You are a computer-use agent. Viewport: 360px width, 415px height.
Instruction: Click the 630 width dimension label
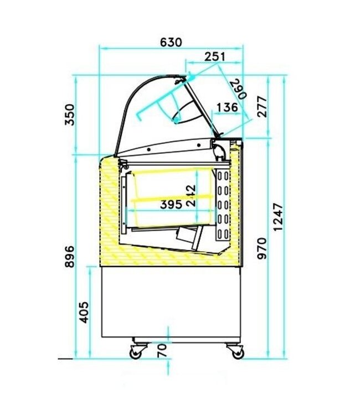[171, 42]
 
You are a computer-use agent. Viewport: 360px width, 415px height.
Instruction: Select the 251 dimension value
[215, 56]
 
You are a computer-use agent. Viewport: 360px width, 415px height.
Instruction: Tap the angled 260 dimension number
[237, 89]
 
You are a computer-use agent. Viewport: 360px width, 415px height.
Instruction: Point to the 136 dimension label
[228, 107]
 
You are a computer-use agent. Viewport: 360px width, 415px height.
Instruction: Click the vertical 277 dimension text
[262, 107]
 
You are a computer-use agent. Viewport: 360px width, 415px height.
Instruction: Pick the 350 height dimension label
[69, 115]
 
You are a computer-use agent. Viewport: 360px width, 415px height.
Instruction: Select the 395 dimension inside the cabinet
[172, 205]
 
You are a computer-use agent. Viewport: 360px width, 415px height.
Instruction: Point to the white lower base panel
[171, 302]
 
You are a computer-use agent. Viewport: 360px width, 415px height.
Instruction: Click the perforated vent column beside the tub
[223, 205]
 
